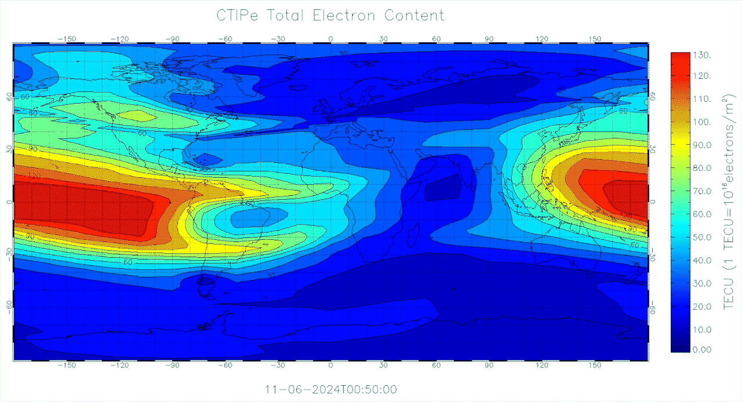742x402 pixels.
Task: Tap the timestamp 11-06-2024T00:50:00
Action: click(x=330, y=389)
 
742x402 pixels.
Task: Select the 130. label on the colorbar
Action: click(x=702, y=55)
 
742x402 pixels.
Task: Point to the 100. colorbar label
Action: click(x=702, y=122)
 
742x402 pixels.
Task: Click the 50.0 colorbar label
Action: click(x=703, y=237)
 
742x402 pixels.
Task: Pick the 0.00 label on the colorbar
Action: click(x=703, y=349)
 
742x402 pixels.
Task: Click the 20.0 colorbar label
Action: click(x=703, y=306)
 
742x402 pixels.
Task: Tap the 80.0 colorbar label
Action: click(x=703, y=169)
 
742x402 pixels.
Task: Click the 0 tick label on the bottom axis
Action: click(x=330, y=366)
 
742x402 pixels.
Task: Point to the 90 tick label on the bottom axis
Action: click(x=489, y=366)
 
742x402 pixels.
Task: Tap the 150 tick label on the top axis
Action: click(x=594, y=39)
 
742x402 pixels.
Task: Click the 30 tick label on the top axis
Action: click(x=383, y=39)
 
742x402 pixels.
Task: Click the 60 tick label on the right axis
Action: click(x=652, y=97)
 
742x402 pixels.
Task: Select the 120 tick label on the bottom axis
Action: click(x=541, y=366)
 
